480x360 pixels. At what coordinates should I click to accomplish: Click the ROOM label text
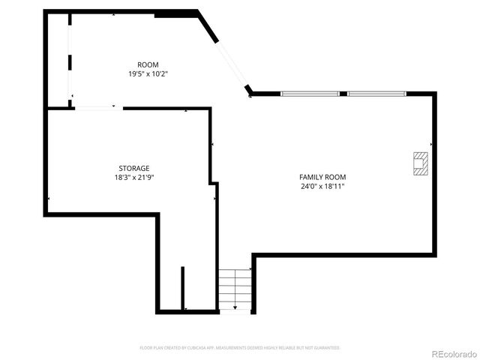click(x=148, y=64)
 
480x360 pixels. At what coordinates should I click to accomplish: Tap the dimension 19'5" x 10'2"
click(x=148, y=73)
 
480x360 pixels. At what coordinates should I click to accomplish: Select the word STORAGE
click(x=134, y=168)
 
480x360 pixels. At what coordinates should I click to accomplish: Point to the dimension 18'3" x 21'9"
click(x=134, y=177)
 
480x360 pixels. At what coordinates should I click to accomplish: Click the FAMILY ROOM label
click(x=322, y=177)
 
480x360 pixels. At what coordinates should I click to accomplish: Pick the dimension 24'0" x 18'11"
click(x=322, y=186)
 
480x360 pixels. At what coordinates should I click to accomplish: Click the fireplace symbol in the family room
click(x=421, y=163)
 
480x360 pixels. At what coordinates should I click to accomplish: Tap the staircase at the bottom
click(x=235, y=289)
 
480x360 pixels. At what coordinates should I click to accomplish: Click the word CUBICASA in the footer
click(x=206, y=348)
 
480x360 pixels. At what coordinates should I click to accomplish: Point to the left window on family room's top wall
click(x=310, y=94)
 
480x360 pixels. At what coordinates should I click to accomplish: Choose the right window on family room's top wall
click(x=376, y=94)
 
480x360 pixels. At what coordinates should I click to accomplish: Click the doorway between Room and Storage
click(x=97, y=109)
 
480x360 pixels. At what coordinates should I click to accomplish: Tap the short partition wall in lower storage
click(x=182, y=288)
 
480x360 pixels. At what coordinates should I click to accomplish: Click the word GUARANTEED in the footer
click(x=326, y=348)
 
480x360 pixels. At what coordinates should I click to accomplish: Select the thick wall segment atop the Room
click(x=175, y=13)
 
